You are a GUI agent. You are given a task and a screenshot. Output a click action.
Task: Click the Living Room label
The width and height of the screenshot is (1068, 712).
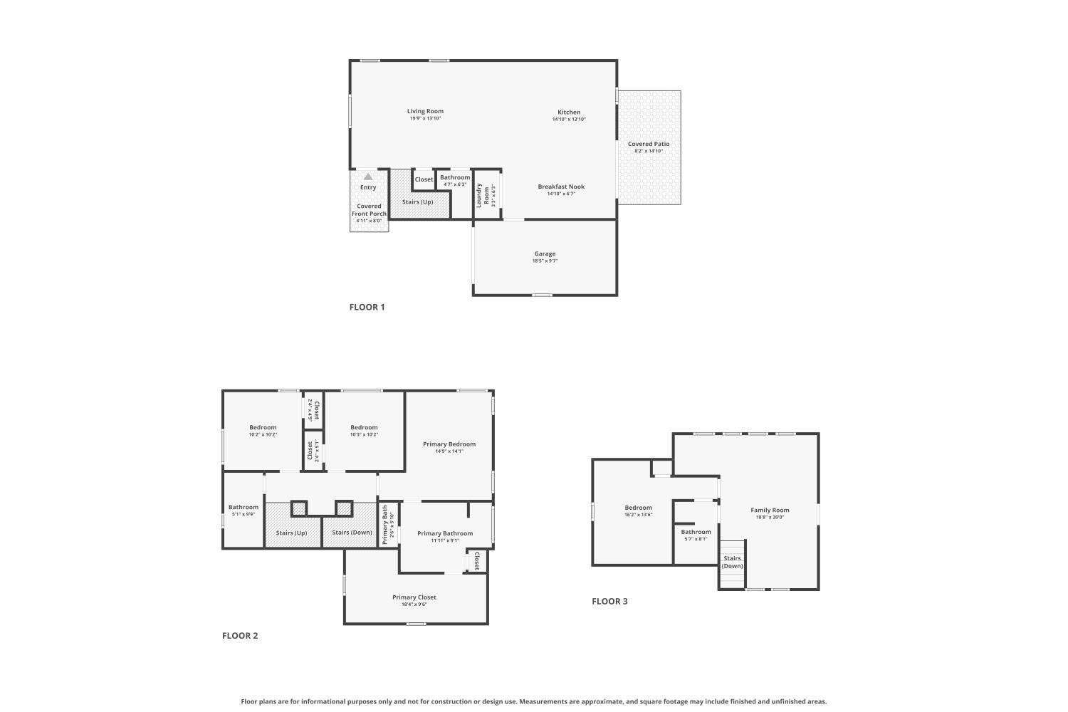click(x=425, y=111)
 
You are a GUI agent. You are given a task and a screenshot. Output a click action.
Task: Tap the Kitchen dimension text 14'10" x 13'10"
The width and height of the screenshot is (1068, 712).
click(x=569, y=120)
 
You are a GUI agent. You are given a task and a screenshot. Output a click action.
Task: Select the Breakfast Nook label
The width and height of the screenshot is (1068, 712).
click(x=561, y=187)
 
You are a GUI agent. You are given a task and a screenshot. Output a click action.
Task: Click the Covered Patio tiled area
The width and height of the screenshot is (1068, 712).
click(x=649, y=171)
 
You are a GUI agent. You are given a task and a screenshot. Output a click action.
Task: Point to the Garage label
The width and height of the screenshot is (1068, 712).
click(x=545, y=253)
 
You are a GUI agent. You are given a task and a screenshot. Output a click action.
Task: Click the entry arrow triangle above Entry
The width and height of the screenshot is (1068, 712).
click(x=368, y=177)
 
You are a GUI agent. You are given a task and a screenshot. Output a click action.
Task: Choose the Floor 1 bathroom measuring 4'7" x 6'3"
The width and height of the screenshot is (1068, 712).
click(x=455, y=181)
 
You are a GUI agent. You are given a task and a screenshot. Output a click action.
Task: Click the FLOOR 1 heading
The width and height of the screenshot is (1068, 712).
click(x=367, y=308)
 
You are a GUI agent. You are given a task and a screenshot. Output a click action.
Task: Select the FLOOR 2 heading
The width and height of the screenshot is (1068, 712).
click(x=240, y=636)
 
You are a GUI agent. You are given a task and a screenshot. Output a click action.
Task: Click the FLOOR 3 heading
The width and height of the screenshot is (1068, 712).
click(x=609, y=602)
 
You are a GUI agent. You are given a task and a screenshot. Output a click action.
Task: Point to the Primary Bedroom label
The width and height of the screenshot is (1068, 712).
click(x=449, y=444)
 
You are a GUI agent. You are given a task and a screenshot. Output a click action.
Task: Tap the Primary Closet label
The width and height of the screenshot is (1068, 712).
click(x=414, y=597)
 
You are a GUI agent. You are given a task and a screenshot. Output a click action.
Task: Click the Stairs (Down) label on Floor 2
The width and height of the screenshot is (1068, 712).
click(x=352, y=533)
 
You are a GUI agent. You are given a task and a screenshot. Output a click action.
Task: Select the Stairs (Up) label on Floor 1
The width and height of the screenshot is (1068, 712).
click(x=417, y=201)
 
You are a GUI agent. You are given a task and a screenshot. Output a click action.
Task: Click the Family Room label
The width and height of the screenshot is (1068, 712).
click(x=770, y=510)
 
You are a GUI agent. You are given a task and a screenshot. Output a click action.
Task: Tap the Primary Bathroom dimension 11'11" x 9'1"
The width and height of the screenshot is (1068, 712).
click(x=445, y=540)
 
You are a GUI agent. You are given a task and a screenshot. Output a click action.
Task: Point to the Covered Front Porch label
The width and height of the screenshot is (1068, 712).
click(x=369, y=209)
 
